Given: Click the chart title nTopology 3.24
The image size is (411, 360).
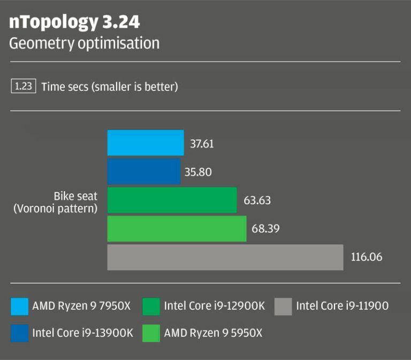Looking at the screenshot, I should coord(75,22).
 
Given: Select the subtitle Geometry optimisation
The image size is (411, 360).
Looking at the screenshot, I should coord(84,43).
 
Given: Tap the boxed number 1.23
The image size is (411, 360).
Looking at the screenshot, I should coord(23,86).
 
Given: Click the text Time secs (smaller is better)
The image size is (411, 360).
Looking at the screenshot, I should coord(109,86).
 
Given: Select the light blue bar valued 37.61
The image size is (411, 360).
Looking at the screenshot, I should coord(146,143).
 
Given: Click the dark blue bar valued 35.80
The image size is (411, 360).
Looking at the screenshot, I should coord(144,171).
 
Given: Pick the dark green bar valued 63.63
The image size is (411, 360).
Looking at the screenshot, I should coord(172,200).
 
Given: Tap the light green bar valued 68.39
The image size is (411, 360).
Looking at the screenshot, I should coord(177,229).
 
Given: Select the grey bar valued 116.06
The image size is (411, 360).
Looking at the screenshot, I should coord(225,257).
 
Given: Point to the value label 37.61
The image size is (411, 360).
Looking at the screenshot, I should coord(202,144).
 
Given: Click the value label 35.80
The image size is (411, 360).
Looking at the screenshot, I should coord(197,172).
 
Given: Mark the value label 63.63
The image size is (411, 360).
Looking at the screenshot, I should coord(257,201).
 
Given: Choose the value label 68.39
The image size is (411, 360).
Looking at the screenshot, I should coord(265,229).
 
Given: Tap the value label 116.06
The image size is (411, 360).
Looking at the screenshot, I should coord(367,257).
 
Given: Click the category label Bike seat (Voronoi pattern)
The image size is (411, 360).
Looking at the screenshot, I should coord(55,202).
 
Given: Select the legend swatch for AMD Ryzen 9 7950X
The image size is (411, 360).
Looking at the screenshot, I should coord(19,306).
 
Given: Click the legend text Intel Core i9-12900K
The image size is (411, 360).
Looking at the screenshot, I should coord(214,306).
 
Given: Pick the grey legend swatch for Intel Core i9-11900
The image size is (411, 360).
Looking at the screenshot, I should coord(283,306).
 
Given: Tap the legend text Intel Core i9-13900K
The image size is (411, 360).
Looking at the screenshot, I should coord(82,333).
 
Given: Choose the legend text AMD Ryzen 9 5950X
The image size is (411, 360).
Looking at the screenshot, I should coord(213,333).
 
